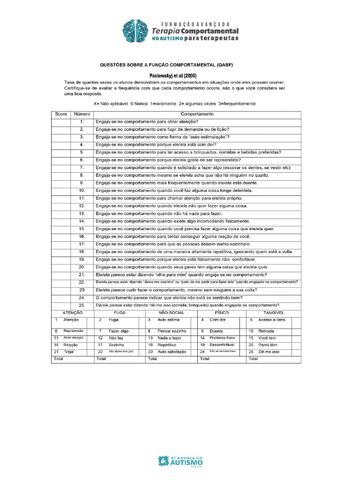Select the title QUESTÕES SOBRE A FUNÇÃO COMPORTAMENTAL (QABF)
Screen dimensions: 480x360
coord(166,65)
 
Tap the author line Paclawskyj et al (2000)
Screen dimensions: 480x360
coord(166,75)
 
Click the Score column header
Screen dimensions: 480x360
coord(61,114)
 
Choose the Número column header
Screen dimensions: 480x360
coord(82,114)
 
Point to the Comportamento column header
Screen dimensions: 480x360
coord(197,114)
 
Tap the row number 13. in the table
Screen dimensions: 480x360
coord(82,213)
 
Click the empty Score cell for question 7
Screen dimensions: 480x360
coord(61,167)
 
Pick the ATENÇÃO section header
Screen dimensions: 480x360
coord(72,312)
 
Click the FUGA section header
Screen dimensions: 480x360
coord(120,312)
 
